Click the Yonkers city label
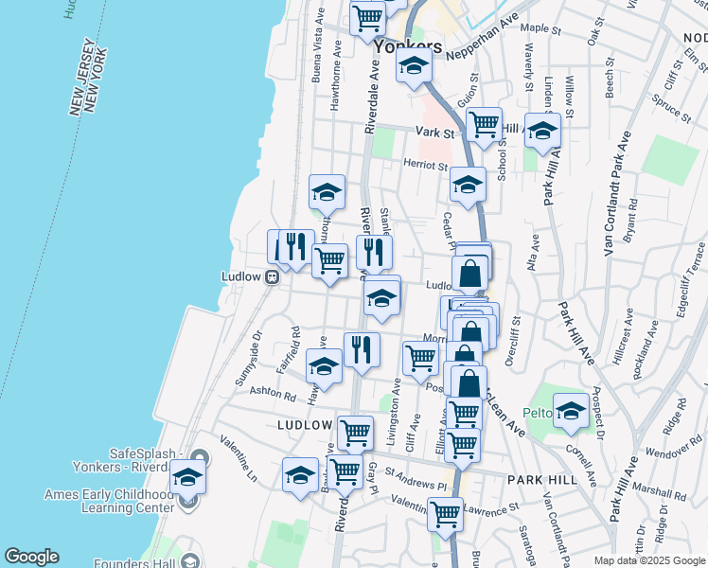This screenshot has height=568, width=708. (x=408, y=46)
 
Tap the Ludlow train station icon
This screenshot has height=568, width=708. (x=272, y=276)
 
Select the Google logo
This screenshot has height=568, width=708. (x=31, y=557)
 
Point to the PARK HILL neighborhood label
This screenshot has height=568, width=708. (x=536, y=480)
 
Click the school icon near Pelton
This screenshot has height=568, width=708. (x=571, y=409)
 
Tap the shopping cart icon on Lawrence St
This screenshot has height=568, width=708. (x=445, y=514)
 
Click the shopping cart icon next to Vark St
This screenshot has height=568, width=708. (x=484, y=123)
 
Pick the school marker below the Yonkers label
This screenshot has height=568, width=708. (x=414, y=65)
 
